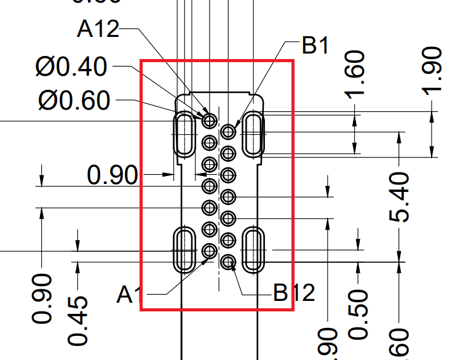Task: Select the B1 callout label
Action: point(316,46)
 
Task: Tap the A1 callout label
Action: point(127,295)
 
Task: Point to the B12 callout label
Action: point(294,293)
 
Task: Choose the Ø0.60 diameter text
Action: point(73,100)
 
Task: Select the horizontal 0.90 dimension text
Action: point(113,176)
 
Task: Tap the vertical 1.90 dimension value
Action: point(432,71)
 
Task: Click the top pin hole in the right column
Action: point(229,131)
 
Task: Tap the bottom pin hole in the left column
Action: point(210,251)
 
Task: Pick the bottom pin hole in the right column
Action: point(229,262)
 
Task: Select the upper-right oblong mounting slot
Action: point(253,134)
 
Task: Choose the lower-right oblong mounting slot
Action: point(253,249)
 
